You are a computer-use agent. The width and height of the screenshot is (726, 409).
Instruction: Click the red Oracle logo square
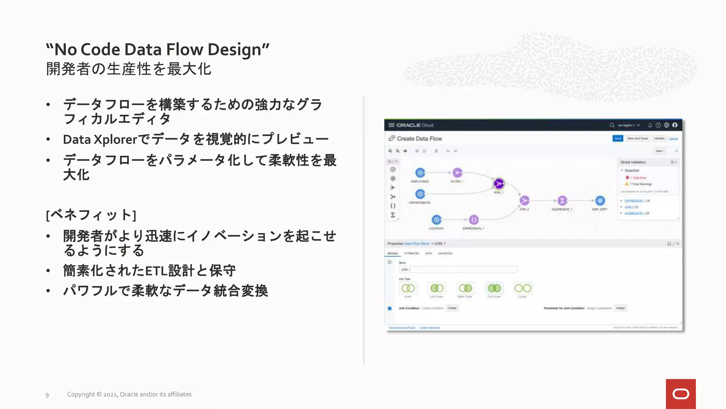pyautogui.click(x=680, y=394)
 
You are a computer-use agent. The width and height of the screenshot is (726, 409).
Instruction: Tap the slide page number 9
pyautogui.click(x=47, y=395)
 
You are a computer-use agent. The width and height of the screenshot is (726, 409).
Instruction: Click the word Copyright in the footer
pyautogui.click(x=81, y=394)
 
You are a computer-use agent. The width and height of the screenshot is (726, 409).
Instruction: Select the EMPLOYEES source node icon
pyautogui.click(x=420, y=173)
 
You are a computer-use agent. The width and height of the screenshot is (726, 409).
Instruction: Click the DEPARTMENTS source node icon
pyautogui.click(x=420, y=194)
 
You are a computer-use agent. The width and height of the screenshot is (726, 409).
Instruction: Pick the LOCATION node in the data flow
pyautogui.click(x=436, y=220)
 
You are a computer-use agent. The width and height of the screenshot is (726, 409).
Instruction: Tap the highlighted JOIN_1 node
pyautogui.click(x=499, y=184)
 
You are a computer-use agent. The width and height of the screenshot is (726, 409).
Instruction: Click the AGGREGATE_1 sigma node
pyautogui.click(x=562, y=201)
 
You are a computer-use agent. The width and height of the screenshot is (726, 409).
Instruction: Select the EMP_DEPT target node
pyautogui.click(x=600, y=201)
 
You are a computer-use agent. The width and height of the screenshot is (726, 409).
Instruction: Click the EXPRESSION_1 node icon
pyautogui.click(x=474, y=220)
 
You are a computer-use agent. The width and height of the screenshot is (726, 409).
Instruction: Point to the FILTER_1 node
pyautogui.click(x=457, y=173)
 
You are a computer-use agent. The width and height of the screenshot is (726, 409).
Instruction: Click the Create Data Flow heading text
pyautogui.click(x=419, y=139)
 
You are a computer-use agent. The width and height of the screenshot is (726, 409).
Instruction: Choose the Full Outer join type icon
pyautogui.click(x=494, y=288)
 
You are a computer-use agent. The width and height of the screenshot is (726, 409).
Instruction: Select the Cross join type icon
pyautogui.click(x=523, y=288)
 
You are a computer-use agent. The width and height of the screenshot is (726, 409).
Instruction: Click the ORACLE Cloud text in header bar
pyautogui.click(x=415, y=125)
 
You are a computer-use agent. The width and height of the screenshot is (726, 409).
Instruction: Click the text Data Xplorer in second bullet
pyautogui.click(x=100, y=140)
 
